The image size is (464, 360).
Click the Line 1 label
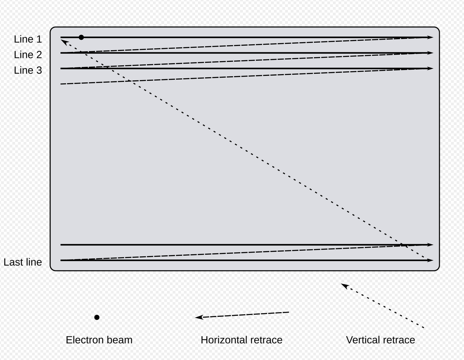click(28, 39)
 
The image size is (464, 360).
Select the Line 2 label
click(28, 55)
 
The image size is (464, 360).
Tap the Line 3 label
click(28, 70)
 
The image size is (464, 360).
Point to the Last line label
click(22, 262)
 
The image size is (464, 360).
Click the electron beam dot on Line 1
click(81, 37)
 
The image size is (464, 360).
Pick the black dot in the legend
click(97, 318)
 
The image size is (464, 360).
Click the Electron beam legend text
click(99, 340)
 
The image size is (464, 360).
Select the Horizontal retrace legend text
click(241, 340)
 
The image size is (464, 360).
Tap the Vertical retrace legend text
click(380, 340)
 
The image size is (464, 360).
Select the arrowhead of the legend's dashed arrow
click(199, 317)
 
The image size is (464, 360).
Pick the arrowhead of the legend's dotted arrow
click(344, 286)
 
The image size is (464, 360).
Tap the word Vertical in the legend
click(361, 340)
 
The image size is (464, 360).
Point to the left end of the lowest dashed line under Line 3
click(61, 84)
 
